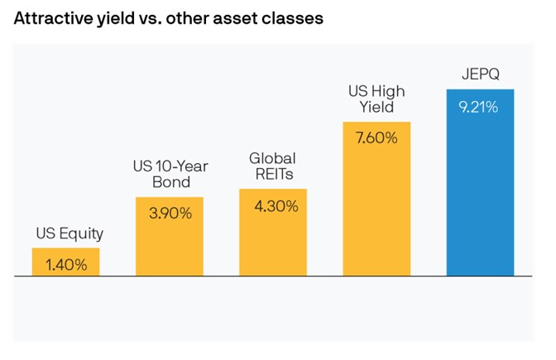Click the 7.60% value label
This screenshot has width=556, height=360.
376,138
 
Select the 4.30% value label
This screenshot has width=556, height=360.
273,206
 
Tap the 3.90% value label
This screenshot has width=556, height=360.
170,214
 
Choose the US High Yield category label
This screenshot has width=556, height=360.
376,98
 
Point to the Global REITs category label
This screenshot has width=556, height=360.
273,165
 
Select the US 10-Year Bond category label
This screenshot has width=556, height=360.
170,173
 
